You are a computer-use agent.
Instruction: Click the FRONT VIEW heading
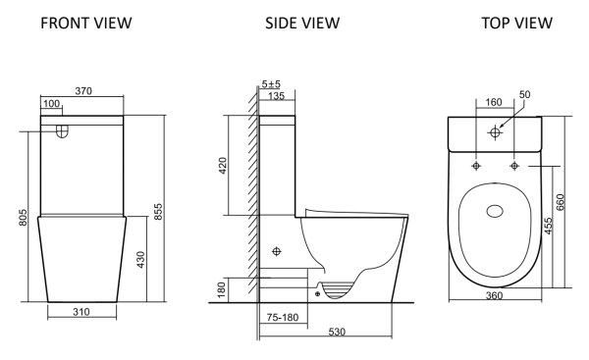pyautogui.click(x=86, y=23)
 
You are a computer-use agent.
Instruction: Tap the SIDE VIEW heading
pyautogui.click(x=302, y=23)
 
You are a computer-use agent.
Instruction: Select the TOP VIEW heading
pyautogui.click(x=517, y=23)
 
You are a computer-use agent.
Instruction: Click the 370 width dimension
pyautogui.click(x=83, y=91)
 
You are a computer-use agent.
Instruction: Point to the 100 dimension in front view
pyautogui.click(x=51, y=103)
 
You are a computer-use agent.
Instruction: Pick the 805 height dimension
pyautogui.click(x=23, y=218)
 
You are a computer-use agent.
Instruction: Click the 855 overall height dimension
pyautogui.click(x=158, y=211)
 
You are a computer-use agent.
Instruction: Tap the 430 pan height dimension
pyautogui.click(x=140, y=259)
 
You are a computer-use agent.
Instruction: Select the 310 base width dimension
pyautogui.click(x=81, y=312)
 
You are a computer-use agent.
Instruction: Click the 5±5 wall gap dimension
pyautogui.click(x=271, y=84)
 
